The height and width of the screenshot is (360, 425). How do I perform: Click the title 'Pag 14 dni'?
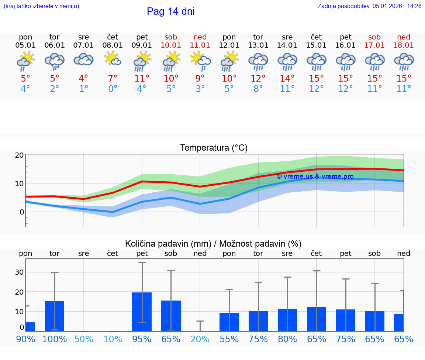tap(170, 11)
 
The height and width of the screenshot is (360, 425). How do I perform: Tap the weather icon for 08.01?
tap(113, 59)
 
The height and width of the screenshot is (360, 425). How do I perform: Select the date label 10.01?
tap(171, 45)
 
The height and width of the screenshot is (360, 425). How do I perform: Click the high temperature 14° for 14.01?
tap(287, 78)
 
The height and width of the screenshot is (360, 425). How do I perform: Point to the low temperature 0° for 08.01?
tap(113, 89)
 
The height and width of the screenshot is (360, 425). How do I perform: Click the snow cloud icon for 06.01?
tap(55, 60)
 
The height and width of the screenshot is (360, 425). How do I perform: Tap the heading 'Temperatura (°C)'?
tap(214, 148)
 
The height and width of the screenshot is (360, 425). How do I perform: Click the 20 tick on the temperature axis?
tap(20, 155)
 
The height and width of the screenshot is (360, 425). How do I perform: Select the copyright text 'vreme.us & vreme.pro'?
tap(315, 176)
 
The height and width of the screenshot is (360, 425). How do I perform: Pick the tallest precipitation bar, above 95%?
tap(142, 312)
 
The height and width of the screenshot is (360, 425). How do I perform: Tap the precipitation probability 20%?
tap(200, 339)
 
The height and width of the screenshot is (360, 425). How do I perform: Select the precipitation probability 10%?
tap(113, 339)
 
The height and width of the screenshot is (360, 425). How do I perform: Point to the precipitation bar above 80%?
tap(287, 320)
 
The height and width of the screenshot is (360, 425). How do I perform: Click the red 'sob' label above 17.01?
tap(374, 37)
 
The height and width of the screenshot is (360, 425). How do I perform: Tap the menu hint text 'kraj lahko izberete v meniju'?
tap(41, 6)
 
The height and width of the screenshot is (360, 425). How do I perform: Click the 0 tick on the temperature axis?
tap(22, 212)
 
